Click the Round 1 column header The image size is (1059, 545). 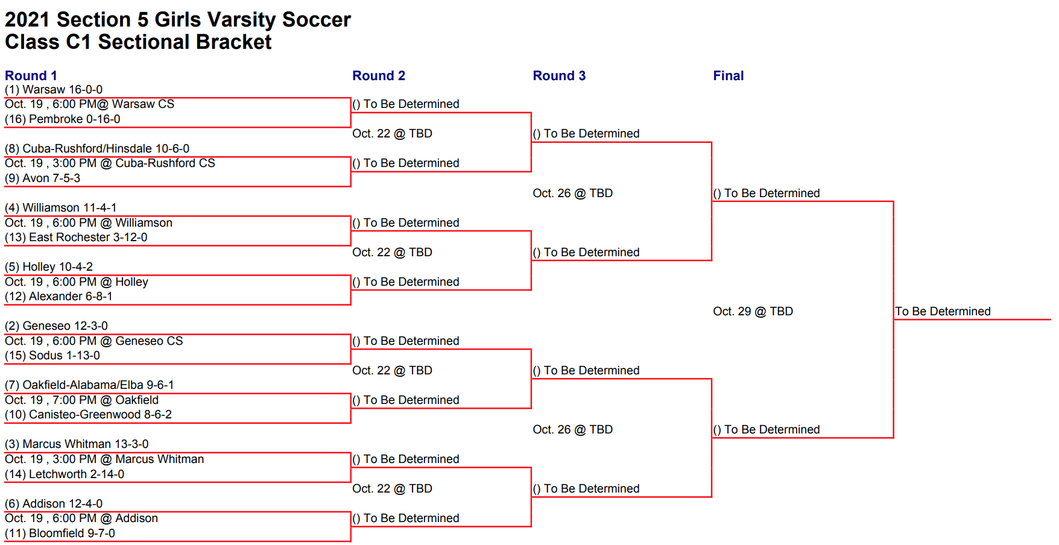click(x=31, y=75)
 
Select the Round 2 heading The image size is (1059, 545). click(x=379, y=75)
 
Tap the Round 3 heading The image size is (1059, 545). click(x=559, y=75)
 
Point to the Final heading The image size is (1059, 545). click(x=729, y=75)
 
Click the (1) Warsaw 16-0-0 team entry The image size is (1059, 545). click(x=54, y=90)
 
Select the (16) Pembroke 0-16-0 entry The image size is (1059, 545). click(x=63, y=119)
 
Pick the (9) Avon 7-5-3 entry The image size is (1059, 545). click(x=42, y=178)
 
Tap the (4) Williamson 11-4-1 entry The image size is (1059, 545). click(x=61, y=208)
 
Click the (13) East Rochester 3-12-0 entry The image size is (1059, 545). click(x=76, y=238)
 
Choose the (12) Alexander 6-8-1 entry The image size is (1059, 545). click(x=58, y=297)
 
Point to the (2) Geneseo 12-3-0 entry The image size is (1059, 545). click(x=56, y=326)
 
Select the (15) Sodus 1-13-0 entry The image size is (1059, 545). click(x=52, y=356)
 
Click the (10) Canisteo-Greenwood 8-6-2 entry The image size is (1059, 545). click(x=88, y=415)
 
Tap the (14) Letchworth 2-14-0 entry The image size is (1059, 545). click(x=65, y=474)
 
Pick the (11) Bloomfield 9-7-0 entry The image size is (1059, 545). click(x=60, y=534)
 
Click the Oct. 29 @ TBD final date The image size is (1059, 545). click(x=753, y=312)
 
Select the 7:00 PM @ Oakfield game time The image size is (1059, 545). click(x=106, y=400)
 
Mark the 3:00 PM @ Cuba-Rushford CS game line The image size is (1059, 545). click(x=134, y=163)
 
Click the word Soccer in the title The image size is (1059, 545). click(x=317, y=20)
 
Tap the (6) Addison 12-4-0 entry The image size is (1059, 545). click(x=54, y=504)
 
